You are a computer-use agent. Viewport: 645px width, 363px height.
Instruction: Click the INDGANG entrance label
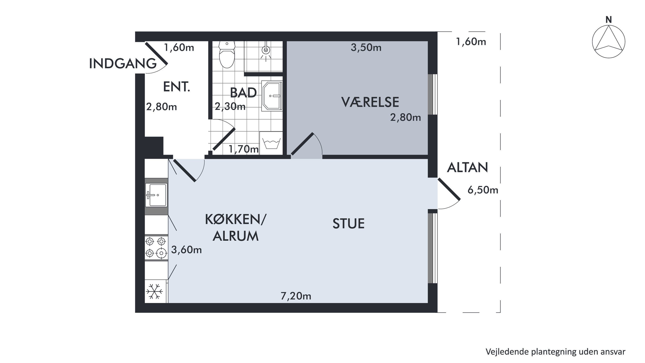pyautogui.click(x=123, y=64)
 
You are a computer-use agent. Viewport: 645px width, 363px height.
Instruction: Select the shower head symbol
pyautogui.click(x=266, y=50)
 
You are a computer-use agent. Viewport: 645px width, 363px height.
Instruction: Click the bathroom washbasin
pyautogui.click(x=272, y=96)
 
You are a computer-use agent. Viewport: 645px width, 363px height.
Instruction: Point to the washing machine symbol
pyautogui.click(x=271, y=143)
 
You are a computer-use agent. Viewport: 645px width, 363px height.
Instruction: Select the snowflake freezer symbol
pyautogui.click(x=155, y=291)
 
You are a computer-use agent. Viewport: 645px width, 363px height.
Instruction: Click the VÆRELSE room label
pyautogui.click(x=370, y=102)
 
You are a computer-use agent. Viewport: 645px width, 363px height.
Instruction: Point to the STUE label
pyautogui.click(x=348, y=224)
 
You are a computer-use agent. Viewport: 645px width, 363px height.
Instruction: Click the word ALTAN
pyautogui.click(x=467, y=168)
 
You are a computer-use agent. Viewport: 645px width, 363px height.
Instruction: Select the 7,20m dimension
pyautogui.click(x=296, y=296)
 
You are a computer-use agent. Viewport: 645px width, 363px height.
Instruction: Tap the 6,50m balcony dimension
pyautogui.click(x=483, y=190)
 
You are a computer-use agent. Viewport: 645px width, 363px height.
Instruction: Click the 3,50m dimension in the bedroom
pyautogui.click(x=366, y=48)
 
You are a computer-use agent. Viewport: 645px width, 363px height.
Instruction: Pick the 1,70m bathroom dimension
pyautogui.click(x=243, y=149)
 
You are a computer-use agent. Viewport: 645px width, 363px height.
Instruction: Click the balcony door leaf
pyautogui.click(x=449, y=189)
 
